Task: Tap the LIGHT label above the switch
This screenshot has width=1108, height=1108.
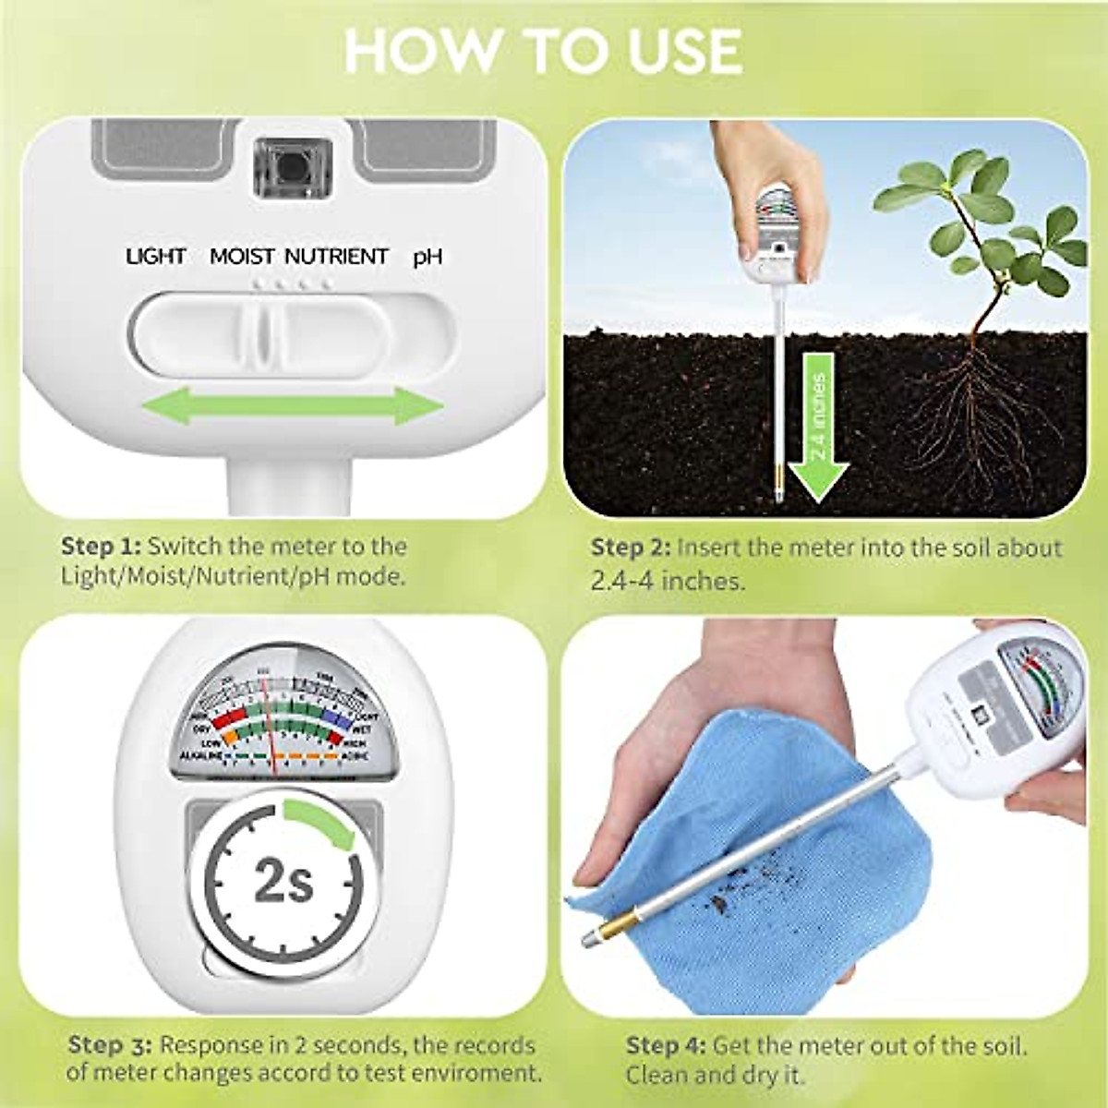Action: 156,256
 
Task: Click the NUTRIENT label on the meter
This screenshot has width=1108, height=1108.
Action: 336,256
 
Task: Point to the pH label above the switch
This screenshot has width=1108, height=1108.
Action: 427,256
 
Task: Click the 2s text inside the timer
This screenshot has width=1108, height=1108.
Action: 283,883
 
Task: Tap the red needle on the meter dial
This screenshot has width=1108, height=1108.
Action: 267,720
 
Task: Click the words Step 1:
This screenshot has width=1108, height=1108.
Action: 101,546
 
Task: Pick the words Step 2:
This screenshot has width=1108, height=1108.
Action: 631,548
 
